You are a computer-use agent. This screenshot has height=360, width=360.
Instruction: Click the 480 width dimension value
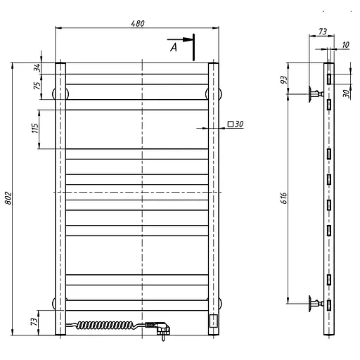coord(138,23)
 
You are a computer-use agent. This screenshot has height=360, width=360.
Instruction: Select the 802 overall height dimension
coord(8,198)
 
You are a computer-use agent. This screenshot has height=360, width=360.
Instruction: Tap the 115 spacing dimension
coord(34,128)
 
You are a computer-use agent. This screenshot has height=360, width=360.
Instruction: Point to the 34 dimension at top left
coord(37,67)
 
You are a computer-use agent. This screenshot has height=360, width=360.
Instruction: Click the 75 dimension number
coord(37,85)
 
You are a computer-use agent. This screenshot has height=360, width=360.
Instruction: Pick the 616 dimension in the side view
coord(283,198)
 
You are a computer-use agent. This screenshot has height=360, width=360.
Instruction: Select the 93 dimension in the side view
coord(283,80)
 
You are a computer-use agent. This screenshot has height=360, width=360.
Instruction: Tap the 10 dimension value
coord(345,45)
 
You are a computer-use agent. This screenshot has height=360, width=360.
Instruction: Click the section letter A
coord(174,48)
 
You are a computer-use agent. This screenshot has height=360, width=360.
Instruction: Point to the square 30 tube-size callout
coord(236,124)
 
